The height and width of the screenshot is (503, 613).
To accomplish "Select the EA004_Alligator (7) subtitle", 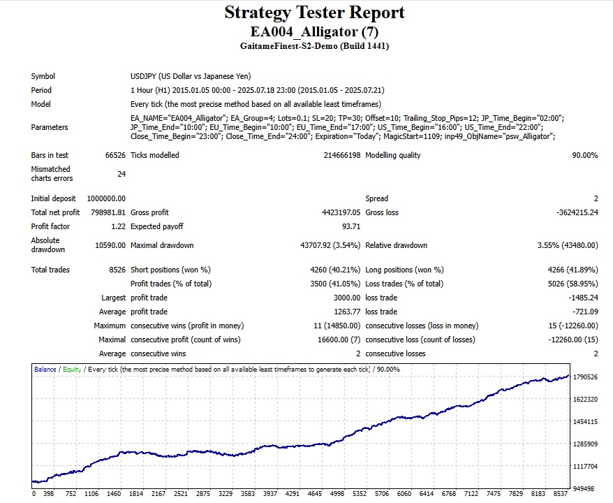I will coord(314,31).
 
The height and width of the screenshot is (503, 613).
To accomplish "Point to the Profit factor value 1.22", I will coord(118,226).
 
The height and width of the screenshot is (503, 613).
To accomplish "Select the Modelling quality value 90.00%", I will coord(584,155).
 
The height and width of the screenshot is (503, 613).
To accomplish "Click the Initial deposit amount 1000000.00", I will coord(106,198).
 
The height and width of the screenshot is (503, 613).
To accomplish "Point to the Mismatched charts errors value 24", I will coord(121,173).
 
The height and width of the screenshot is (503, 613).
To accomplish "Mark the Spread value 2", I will coord(596,198).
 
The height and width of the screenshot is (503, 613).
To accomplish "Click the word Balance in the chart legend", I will coord(45,369).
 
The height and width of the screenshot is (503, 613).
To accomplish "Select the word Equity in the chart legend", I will coord(72,369).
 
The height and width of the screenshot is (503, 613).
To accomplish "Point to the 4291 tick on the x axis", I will coord(292,494).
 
